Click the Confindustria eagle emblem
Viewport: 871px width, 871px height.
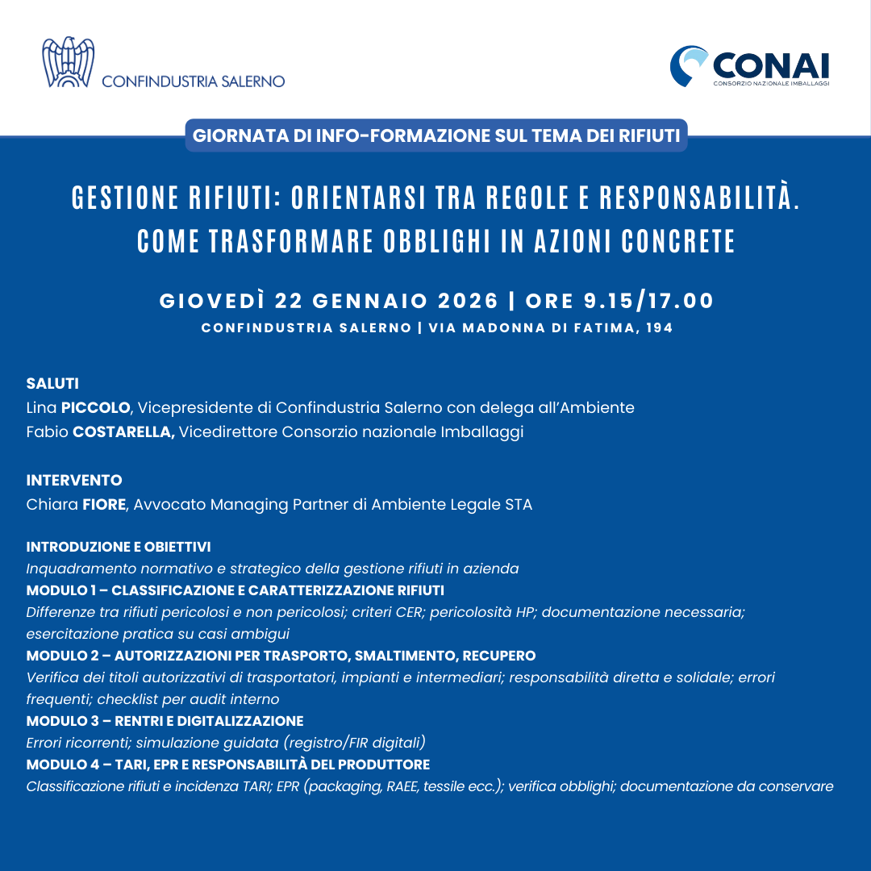[x=68, y=62]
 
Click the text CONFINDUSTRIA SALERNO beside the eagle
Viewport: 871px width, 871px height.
[x=193, y=81]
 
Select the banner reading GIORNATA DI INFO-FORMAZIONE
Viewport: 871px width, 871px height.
[x=435, y=135]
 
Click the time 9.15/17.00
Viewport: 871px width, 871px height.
[x=648, y=301]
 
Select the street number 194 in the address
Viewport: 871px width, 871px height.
[x=660, y=328]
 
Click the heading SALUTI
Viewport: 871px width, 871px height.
[x=52, y=383]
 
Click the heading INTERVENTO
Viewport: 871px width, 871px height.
[x=74, y=481]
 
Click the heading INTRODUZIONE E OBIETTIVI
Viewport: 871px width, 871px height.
[x=119, y=547]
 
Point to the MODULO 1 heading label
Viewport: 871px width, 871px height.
[x=61, y=590]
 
